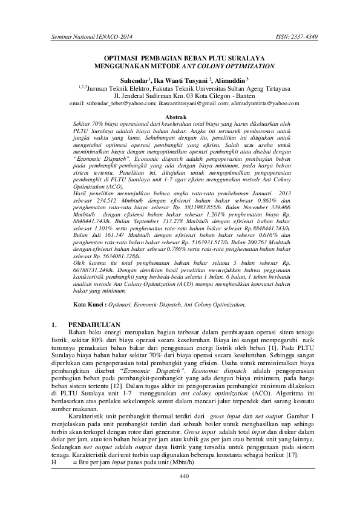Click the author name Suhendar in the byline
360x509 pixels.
134,79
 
